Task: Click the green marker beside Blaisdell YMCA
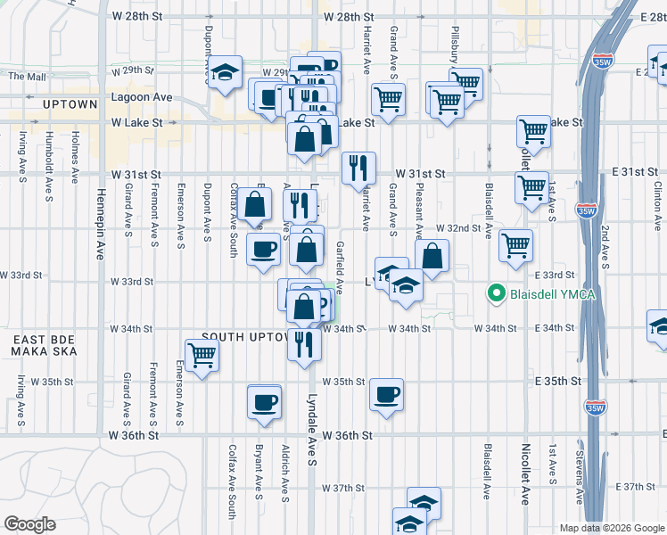click(497, 292)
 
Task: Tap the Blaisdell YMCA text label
click(547, 292)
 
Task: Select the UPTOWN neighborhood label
click(70, 104)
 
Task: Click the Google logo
click(29, 524)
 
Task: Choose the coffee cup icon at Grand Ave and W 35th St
click(386, 394)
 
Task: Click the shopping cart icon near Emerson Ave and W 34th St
click(202, 355)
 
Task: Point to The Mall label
click(27, 77)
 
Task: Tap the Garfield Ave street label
click(340, 263)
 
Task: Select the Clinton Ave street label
click(658, 202)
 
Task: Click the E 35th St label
click(559, 382)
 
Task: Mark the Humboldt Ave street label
click(47, 154)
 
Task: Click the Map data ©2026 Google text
click(611, 528)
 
